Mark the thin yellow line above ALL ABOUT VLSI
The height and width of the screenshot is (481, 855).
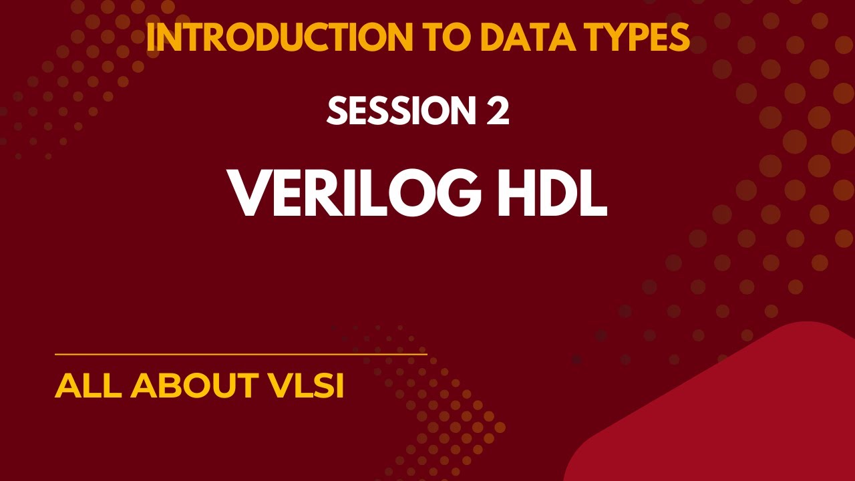[240, 354]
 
